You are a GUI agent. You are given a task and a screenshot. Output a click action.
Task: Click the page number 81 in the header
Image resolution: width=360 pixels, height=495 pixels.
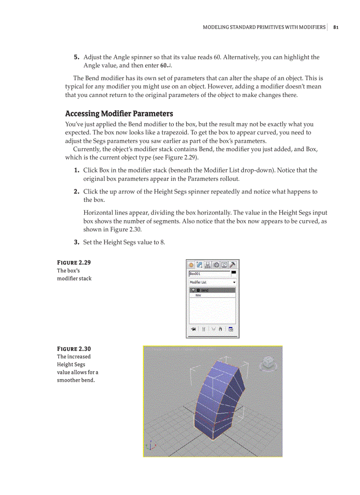336,27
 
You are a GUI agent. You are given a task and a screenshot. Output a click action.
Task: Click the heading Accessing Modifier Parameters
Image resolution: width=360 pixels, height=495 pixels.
119,113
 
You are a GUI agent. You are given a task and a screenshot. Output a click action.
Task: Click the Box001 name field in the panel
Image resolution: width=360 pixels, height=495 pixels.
209,274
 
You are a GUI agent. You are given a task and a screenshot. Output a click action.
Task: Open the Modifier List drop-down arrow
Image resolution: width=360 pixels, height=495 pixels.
234,282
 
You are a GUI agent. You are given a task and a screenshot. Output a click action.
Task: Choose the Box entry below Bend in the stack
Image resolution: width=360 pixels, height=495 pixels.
198,295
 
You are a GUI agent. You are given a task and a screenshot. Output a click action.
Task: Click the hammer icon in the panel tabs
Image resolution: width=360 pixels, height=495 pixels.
233,265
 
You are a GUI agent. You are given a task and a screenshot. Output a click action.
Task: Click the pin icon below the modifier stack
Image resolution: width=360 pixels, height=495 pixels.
193,329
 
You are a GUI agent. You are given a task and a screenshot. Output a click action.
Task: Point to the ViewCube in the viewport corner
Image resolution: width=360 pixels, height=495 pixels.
268,362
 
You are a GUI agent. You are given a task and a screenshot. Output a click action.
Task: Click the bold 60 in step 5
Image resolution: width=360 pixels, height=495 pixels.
163,66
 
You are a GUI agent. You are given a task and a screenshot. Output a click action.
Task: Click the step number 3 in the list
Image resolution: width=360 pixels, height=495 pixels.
76,242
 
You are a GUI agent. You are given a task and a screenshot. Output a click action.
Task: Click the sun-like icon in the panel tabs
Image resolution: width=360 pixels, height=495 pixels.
191,265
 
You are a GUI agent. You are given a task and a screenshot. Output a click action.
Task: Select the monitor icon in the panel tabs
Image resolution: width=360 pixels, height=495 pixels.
225,265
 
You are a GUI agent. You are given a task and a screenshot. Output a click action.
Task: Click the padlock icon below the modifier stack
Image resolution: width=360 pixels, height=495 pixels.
220,329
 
